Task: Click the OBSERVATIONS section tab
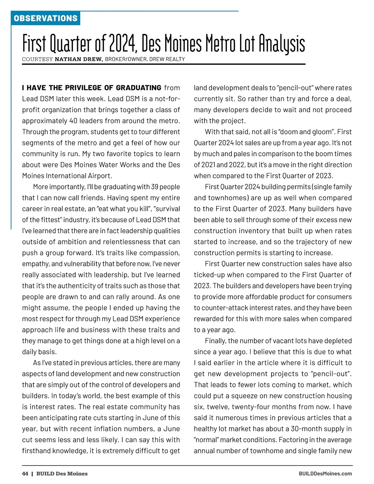point(46,18)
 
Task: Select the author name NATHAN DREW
point(79,59)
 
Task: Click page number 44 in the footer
point(25,474)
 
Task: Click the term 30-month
point(307,429)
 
